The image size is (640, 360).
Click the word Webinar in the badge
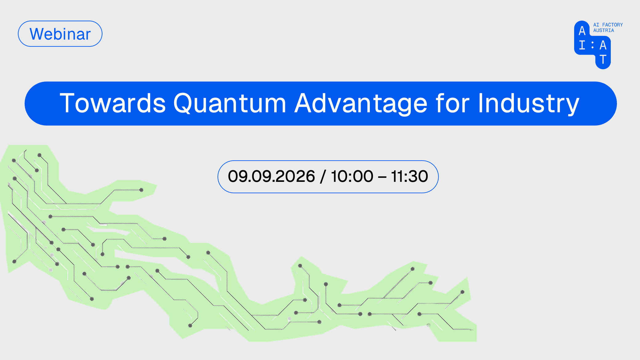point(60,34)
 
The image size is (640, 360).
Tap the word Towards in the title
point(113,103)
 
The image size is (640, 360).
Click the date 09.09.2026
point(271,176)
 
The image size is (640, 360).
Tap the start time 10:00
point(352,176)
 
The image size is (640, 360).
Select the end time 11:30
point(409,176)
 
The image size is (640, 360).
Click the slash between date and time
point(323,177)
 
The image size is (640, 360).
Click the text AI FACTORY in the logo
point(608,25)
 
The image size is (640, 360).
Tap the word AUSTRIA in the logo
point(603,30)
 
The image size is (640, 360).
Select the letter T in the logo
point(603,59)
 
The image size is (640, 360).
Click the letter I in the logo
point(582,45)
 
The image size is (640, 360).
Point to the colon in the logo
point(592,45)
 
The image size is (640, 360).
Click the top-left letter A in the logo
point(582,31)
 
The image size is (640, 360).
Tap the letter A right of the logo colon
point(603,45)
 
